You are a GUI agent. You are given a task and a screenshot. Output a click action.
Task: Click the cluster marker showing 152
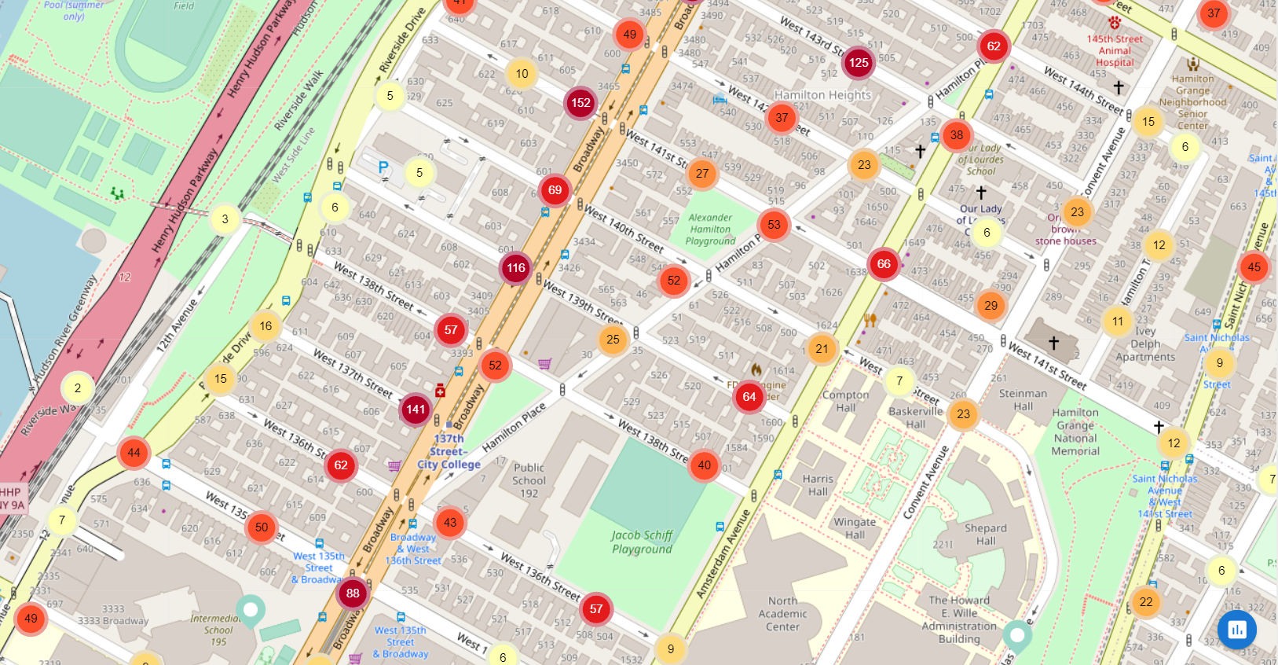580,103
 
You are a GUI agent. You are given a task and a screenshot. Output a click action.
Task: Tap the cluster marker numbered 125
859,63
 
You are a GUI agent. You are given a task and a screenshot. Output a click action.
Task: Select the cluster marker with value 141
416,409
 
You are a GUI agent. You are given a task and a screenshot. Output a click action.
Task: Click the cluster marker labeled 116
516,268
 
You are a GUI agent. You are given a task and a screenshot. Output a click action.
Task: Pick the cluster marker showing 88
353,593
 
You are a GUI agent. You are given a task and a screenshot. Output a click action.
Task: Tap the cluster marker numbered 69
555,190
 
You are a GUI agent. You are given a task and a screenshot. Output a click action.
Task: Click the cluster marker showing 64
749,397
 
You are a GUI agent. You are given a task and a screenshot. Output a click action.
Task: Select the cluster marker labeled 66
884,264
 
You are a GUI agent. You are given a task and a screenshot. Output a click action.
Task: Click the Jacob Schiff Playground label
642,542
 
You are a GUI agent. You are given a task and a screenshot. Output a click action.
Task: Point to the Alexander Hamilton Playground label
710,230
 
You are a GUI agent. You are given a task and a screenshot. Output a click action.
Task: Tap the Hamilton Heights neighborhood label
822,95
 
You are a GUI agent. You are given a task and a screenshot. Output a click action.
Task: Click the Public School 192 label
529,480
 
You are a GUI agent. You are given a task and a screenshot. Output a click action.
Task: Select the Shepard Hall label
985,535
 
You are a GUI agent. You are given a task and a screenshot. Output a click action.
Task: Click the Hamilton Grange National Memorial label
1075,432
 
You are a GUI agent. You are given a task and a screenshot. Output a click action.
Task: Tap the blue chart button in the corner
1236,629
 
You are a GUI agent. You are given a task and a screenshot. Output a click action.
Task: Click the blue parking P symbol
383,167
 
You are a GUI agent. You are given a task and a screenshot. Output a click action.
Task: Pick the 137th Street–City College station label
449,452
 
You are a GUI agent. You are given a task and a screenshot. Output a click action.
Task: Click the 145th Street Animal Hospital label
1115,50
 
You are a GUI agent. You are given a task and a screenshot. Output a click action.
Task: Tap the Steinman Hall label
1022,399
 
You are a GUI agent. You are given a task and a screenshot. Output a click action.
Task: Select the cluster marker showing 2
78,388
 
